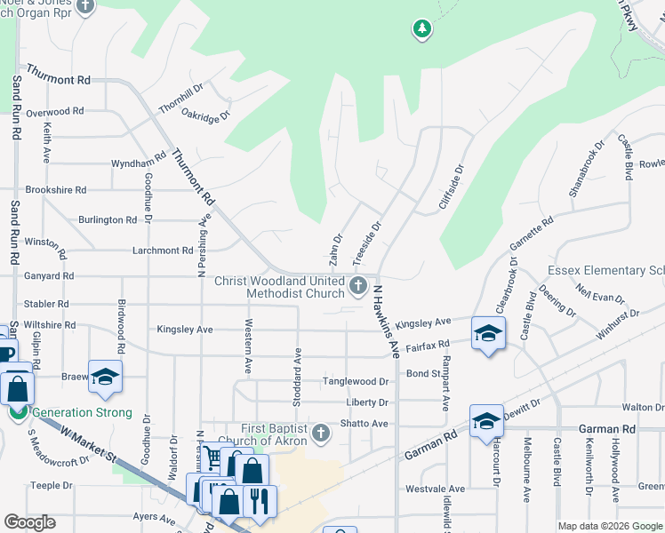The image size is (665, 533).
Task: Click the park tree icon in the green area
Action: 422,30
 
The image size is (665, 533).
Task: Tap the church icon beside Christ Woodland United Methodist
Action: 358,285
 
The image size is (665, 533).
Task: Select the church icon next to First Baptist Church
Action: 321,434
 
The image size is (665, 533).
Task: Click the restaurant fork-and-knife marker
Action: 258,499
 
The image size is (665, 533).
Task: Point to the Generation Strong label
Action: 82,412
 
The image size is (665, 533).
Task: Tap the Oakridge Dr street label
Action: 206,114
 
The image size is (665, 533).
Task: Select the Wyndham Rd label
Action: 138,163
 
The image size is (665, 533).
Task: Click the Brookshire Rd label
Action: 56,190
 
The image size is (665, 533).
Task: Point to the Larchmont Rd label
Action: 164,251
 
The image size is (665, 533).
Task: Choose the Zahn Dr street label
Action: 337,248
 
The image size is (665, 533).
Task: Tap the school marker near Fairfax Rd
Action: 488,334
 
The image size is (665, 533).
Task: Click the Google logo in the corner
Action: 29,522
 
